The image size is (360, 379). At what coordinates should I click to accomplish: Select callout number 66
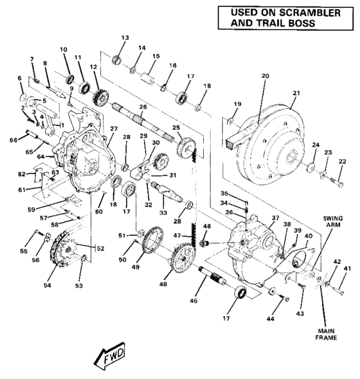12,138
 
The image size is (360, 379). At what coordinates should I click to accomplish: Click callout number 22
342,161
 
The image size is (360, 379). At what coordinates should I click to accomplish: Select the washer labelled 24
310,169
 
